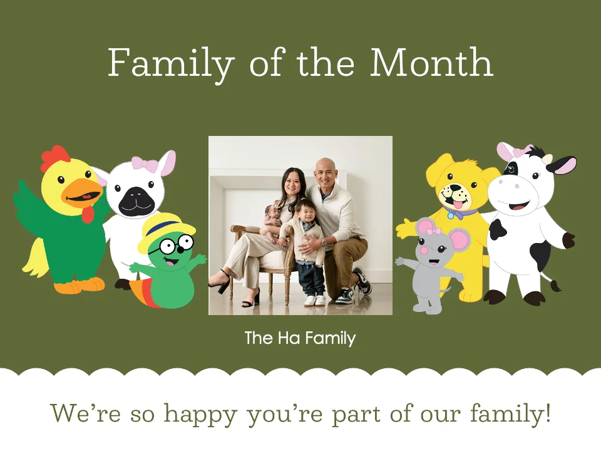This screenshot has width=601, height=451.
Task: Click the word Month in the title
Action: tap(431, 63)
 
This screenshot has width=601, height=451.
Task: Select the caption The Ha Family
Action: tap(300, 339)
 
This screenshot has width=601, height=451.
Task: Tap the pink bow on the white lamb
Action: tap(144, 165)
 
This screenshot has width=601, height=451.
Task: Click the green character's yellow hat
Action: tap(161, 229)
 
